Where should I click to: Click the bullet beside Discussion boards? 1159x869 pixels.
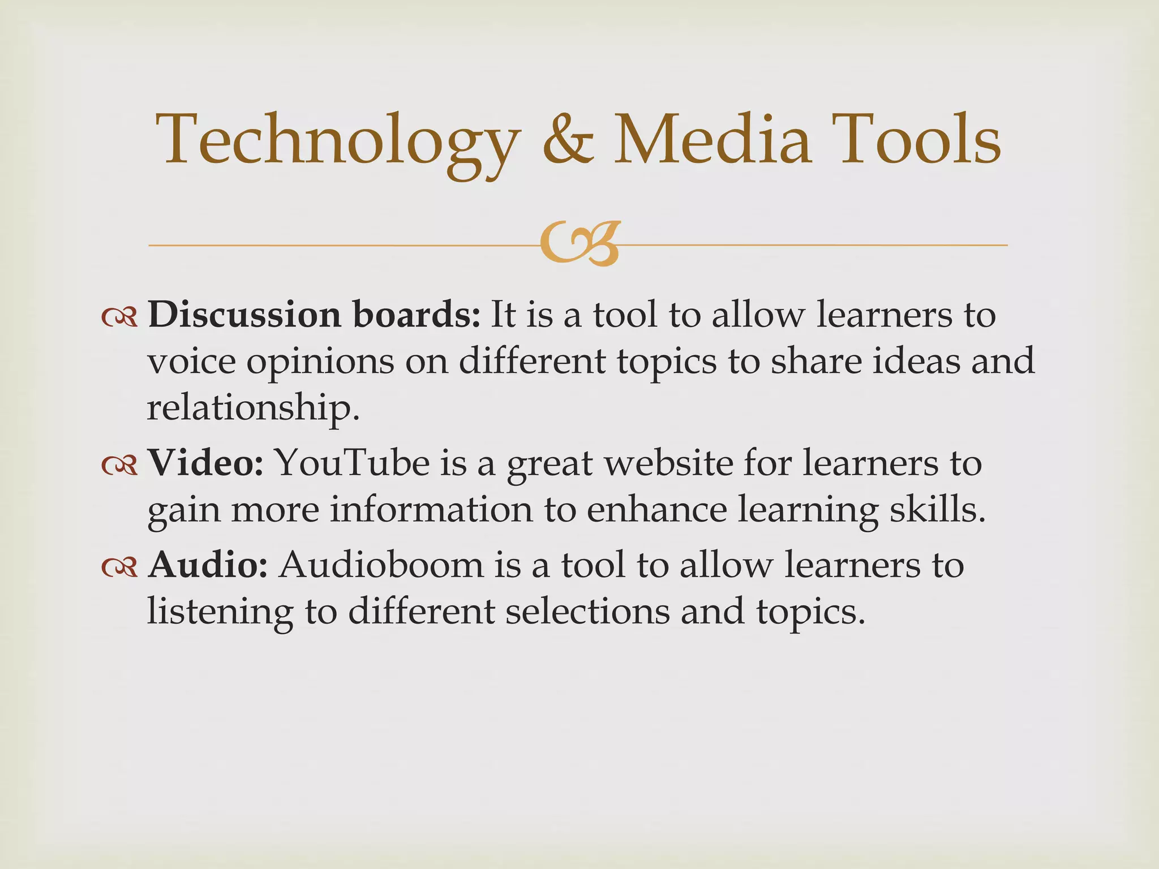[x=119, y=318]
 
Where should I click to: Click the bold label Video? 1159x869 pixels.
[x=205, y=463]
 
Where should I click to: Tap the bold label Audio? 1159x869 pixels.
[x=208, y=565]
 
